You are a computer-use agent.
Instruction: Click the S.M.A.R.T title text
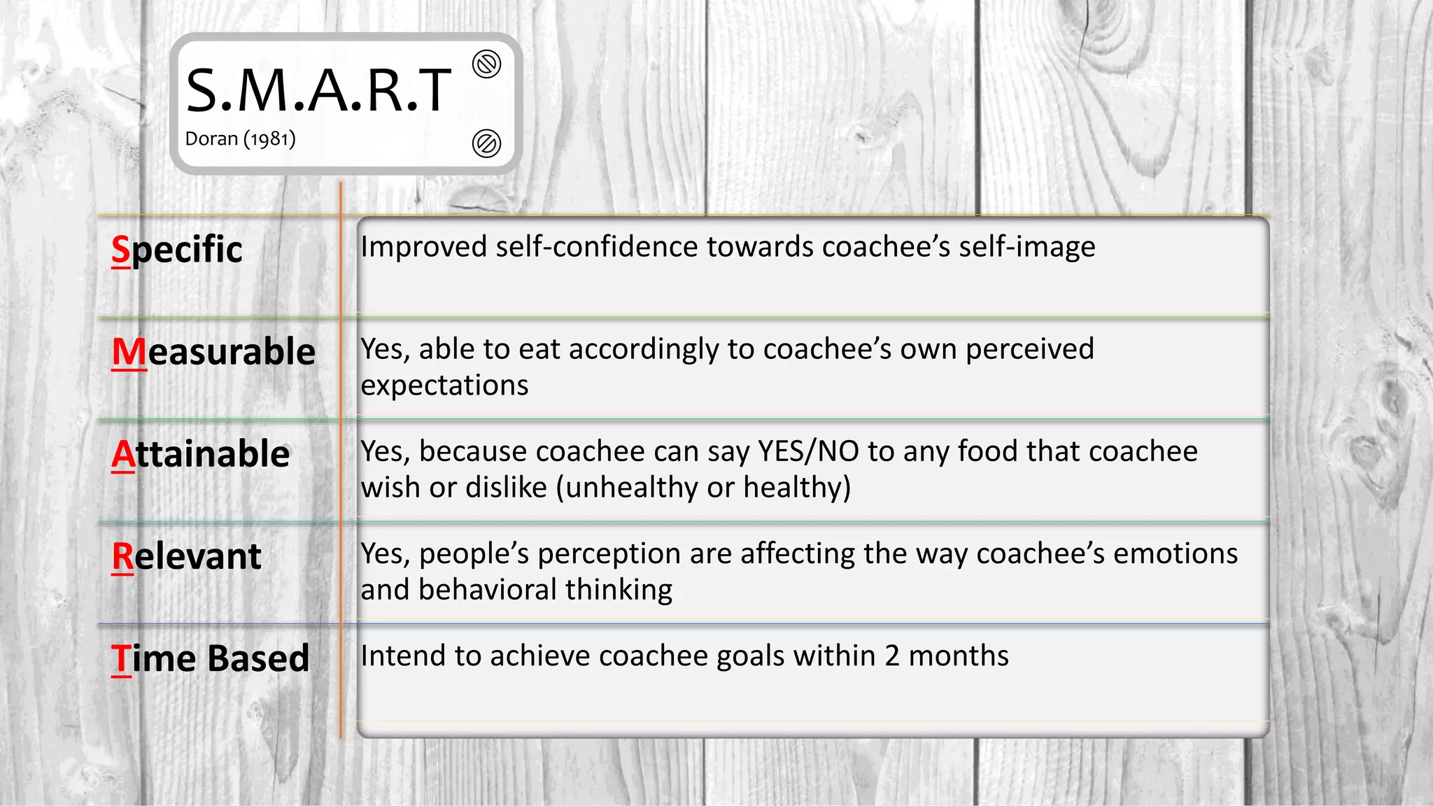coord(318,91)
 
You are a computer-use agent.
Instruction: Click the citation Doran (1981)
coord(240,139)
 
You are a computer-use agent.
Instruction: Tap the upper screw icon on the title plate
coord(486,64)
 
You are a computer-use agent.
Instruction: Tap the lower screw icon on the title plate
coord(486,143)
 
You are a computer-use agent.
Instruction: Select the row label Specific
coord(177,250)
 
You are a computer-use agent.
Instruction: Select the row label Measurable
coord(213,352)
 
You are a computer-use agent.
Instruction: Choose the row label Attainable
coord(201,454)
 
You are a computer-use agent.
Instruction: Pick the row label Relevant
coord(187,557)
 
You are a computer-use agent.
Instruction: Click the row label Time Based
coord(210,658)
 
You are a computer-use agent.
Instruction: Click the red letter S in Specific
coord(121,250)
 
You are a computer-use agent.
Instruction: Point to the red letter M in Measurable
coord(129,352)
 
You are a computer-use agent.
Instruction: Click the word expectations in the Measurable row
coord(444,386)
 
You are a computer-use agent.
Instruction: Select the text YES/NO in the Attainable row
coord(808,451)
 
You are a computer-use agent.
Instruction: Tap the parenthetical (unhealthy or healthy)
coord(703,488)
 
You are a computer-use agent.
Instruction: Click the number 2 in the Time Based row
coord(892,656)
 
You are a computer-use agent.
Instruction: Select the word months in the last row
coord(959,656)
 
